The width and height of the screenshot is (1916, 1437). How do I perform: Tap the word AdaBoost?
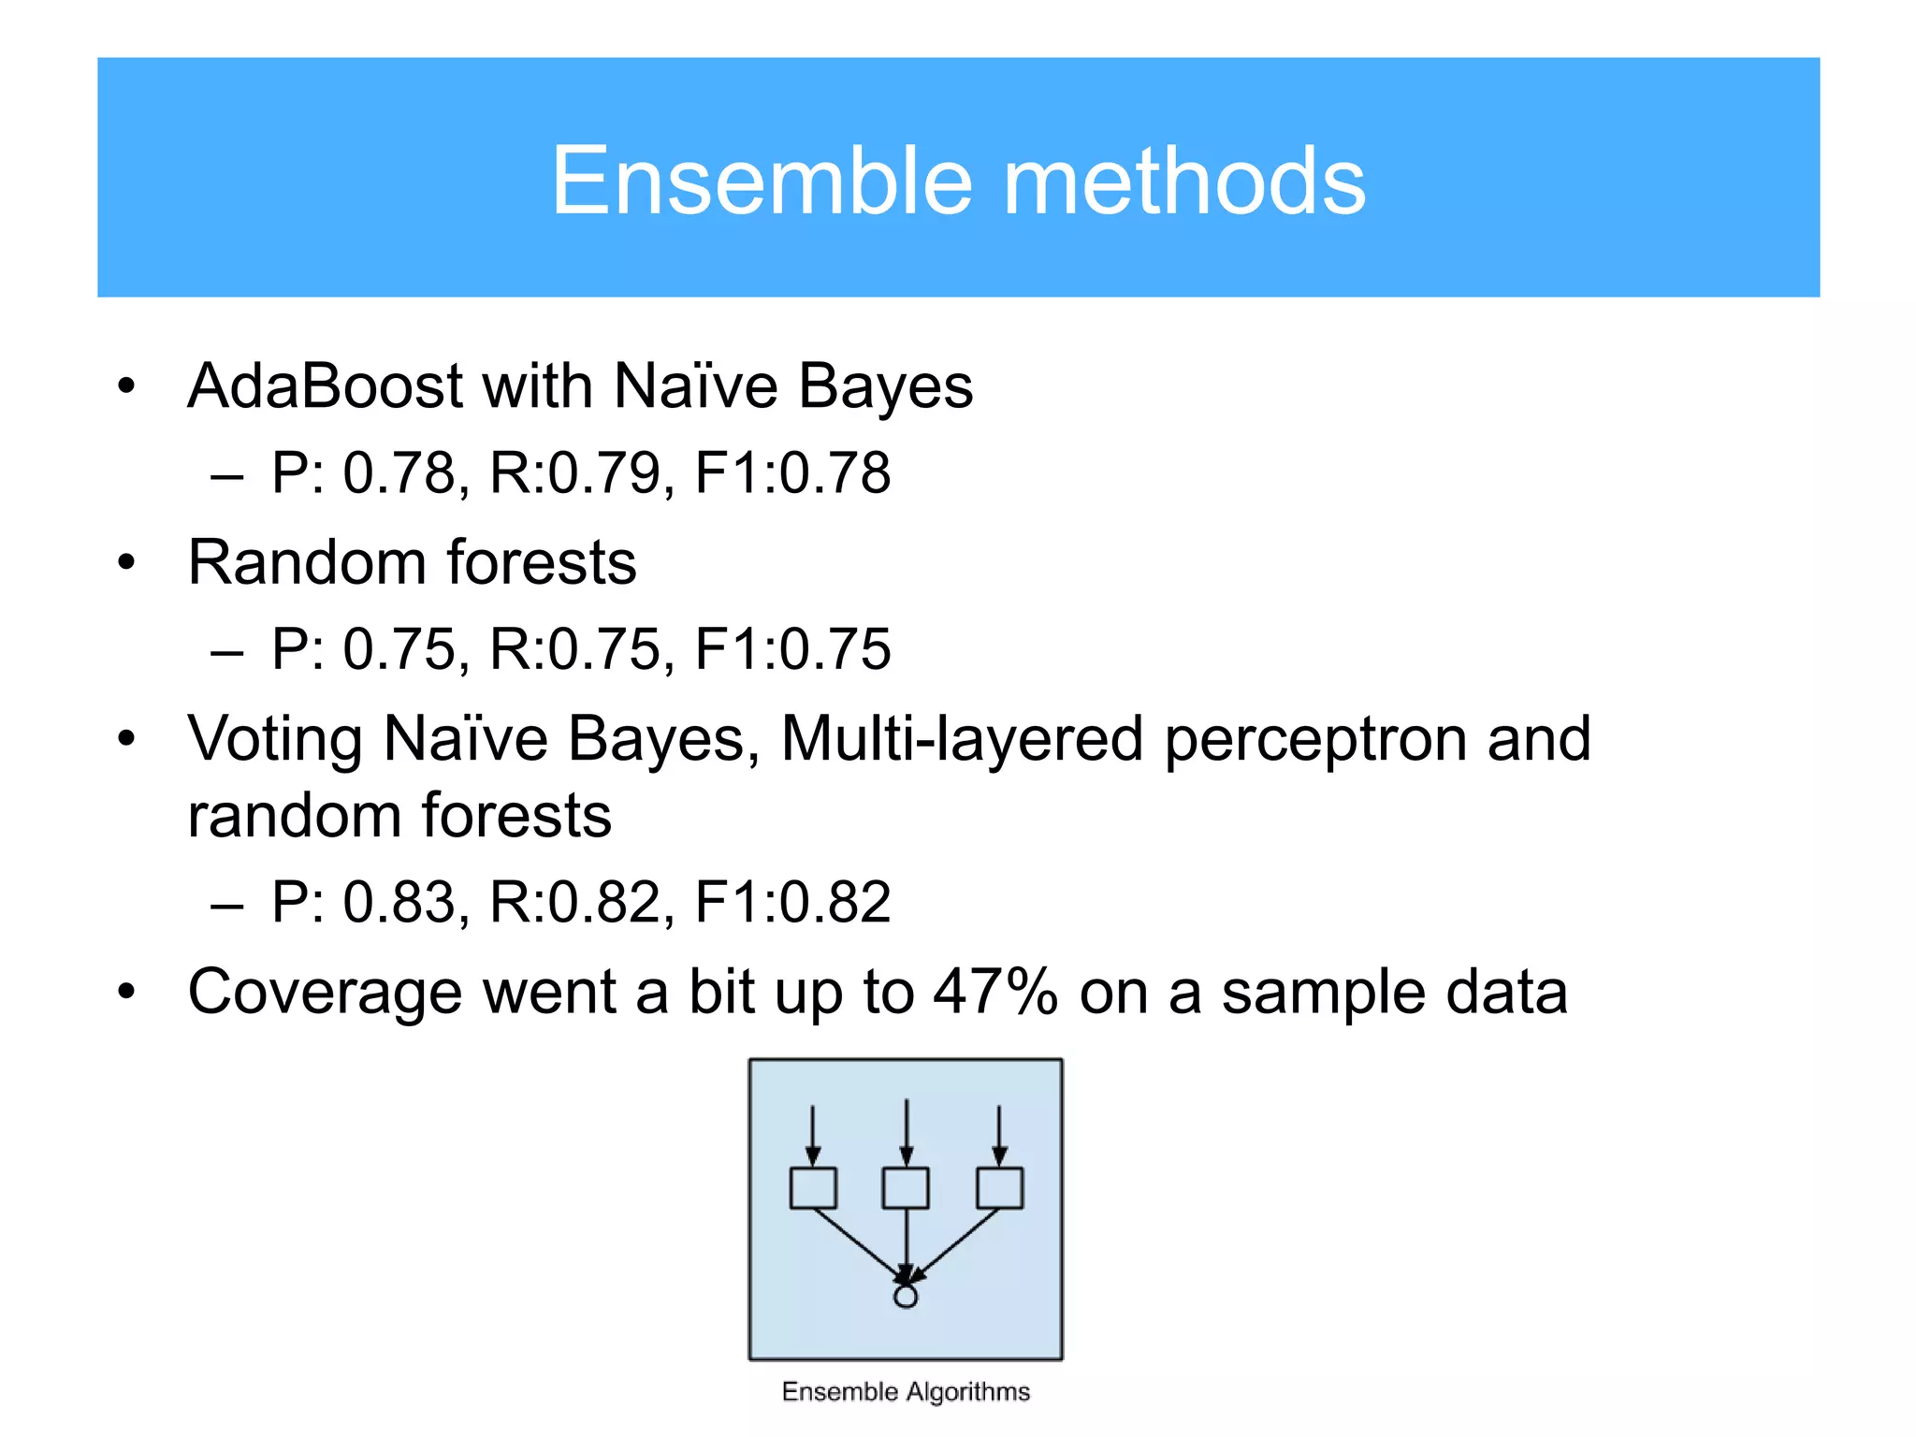[325, 385]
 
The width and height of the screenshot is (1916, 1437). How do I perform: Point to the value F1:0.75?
[792, 648]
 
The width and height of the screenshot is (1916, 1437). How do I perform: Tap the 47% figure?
[994, 992]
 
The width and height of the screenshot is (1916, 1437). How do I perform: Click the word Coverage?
[325, 992]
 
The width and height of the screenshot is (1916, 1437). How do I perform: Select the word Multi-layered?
[961, 739]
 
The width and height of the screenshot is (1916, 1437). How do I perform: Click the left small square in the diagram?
[812, 1188]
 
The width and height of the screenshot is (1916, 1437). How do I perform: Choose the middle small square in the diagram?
[906, 1188]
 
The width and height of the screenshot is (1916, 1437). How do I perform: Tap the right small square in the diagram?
[999, 1188]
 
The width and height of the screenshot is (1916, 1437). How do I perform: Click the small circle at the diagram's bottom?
[906, 1296]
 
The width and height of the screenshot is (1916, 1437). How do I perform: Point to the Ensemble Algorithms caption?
[906, 1392]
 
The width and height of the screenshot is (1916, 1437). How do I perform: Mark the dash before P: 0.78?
[226, 476]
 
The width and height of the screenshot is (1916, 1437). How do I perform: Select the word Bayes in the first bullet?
[885, 385]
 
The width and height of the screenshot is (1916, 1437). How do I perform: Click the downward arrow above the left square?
[812, 1134]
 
